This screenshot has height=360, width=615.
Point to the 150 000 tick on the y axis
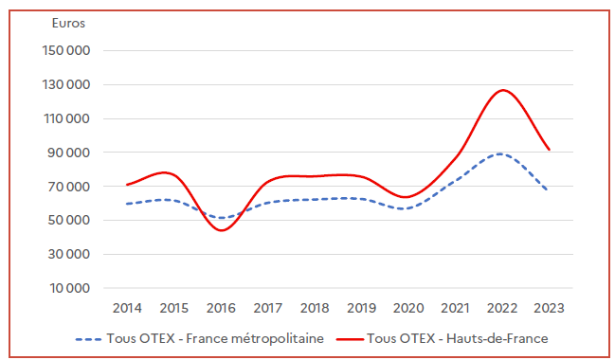point(67,51)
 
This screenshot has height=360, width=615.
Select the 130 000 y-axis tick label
point(67,85)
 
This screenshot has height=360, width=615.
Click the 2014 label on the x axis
point(127,308)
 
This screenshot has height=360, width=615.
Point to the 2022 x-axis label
point(501,308)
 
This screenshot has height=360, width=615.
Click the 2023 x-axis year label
point(549,308)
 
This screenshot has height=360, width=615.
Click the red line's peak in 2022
point(502,90)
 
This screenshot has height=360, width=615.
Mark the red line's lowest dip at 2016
point(223,230)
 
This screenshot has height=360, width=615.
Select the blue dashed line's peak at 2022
point(500,153)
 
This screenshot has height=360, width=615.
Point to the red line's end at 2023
point(549,150)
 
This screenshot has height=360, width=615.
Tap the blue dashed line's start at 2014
point(127,204)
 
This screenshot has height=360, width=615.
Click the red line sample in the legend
point(348,337)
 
